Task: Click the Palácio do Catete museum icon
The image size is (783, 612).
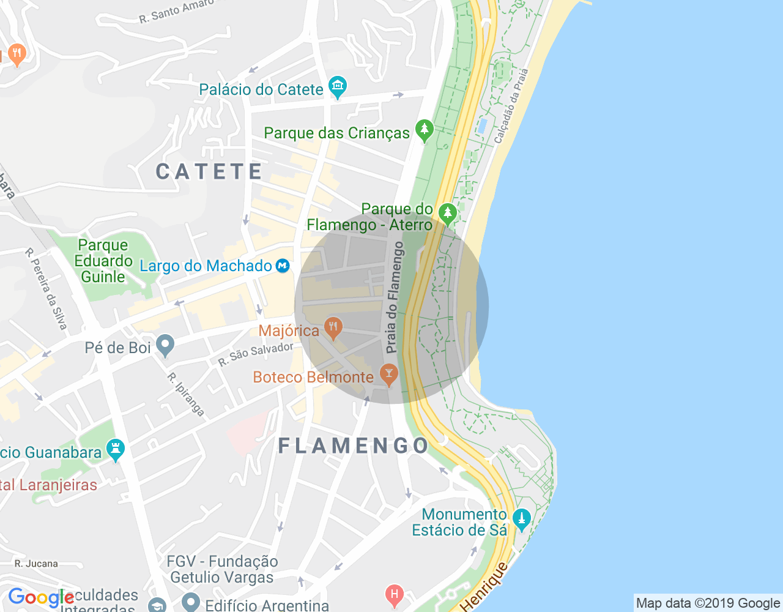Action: pos(337,87)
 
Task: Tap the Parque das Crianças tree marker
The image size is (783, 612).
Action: pos(424,130)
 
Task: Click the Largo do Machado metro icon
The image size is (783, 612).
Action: pos(282,266)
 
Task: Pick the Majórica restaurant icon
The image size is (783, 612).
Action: pos(333,327)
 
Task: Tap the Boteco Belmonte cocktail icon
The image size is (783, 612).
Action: pos(388,374)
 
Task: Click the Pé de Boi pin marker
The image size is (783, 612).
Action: pos(165,346)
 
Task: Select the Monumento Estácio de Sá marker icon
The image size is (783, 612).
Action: pos(521,520)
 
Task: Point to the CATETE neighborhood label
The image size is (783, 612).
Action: pos(209,172)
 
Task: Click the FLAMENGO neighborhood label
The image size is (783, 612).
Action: pos(354,446)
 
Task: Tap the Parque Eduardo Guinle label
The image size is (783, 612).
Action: pos(103,261)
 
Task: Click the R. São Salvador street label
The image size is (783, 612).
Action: pos(256,354)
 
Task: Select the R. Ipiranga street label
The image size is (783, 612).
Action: pos(186,395)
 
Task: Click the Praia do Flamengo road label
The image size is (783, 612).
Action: pos(395,297)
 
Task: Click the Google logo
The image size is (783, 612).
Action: pos(41,598)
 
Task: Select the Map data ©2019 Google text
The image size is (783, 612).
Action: pos(708,603)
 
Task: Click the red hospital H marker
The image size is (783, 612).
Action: pos(395,594)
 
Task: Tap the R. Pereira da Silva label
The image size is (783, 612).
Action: pos(46,289)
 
